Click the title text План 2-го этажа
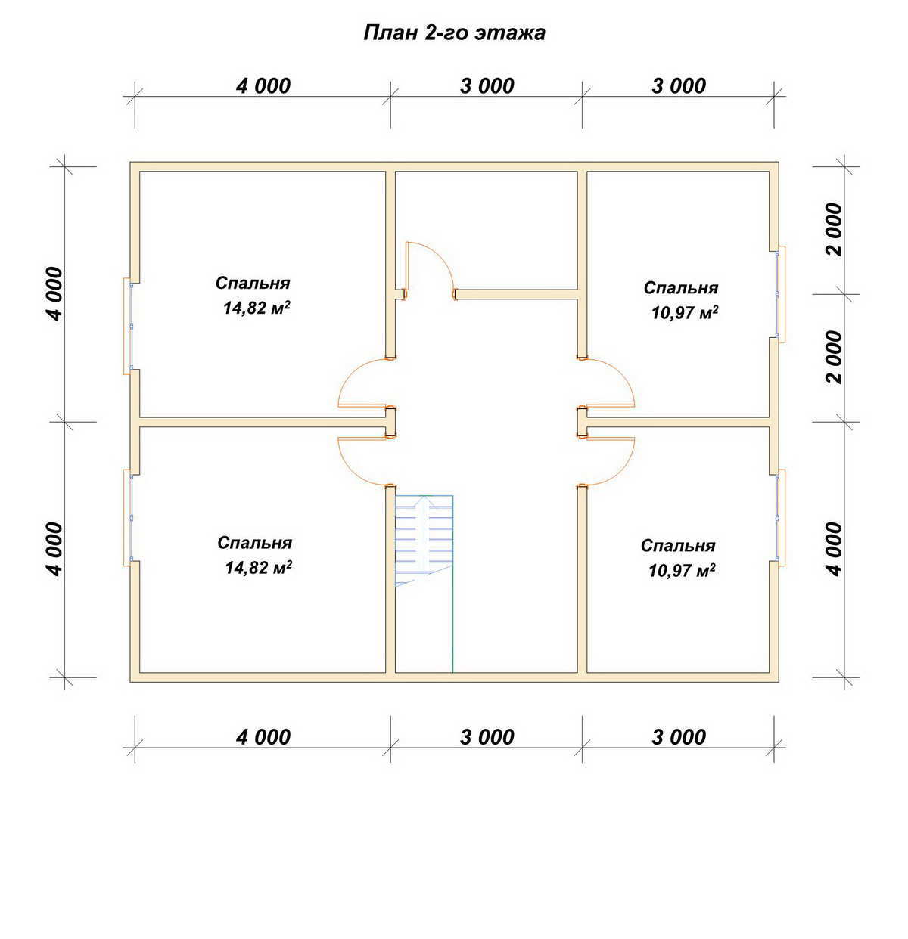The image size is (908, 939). (x=454, y=33)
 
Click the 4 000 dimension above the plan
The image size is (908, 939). (x=263, y=86)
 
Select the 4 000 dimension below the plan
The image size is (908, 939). (x=263, y=737)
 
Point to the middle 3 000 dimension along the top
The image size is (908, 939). (x=487, y=86)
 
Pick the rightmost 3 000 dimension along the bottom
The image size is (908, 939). (x=679, y=737)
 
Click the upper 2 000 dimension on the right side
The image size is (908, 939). (x=834, y=229)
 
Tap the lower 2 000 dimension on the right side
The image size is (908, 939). (x=834, y=357)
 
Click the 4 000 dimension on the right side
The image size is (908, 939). (x=834, y=549)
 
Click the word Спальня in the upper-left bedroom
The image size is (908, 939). (x=253, y=283)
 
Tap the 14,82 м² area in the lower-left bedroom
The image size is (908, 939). (x=258, y=567)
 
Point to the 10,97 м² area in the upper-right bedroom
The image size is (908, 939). (x=684, y=312)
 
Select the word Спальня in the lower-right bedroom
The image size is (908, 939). (x=678, y=545)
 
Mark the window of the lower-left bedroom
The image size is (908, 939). (x=128, y=517)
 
